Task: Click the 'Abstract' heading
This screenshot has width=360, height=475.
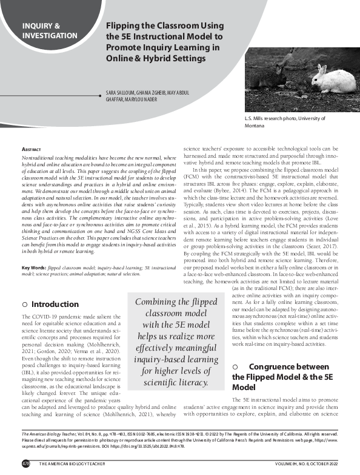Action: [x=32, y=149]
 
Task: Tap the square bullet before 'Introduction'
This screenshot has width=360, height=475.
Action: [x=25, y=304]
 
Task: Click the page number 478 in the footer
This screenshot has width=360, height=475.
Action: [x=25, y=463]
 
